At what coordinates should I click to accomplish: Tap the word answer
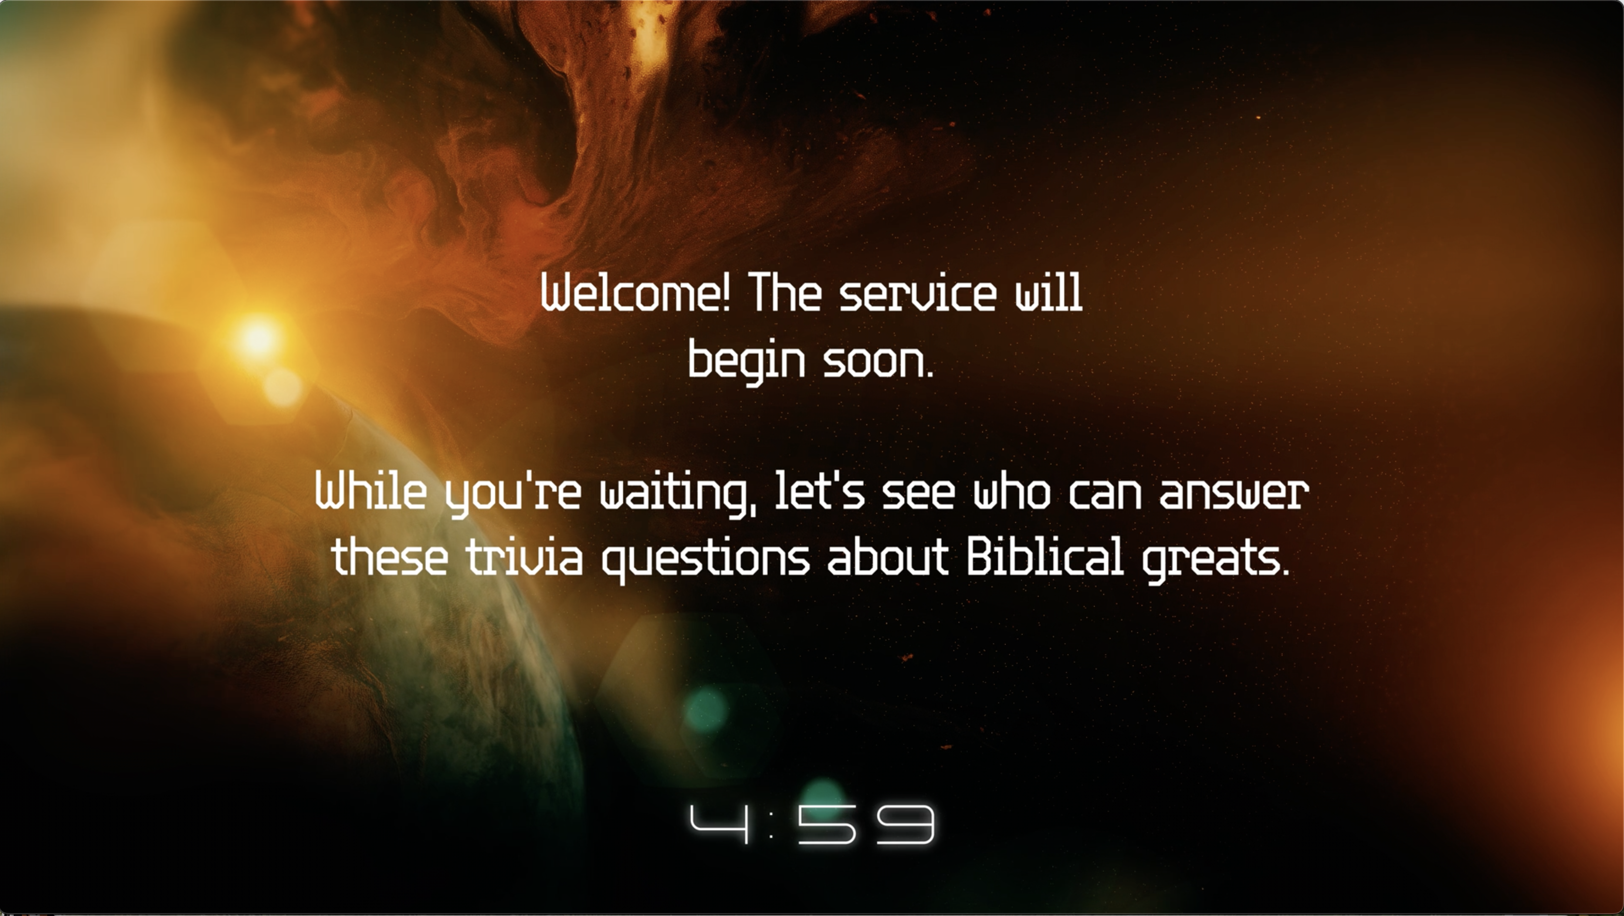click(x=1234, y=494)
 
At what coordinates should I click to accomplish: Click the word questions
click(x=706, y=560)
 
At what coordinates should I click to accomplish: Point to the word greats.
click(x=1216, y=560)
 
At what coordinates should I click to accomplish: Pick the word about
click(x=887, y=557)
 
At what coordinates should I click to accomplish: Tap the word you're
click(x=512, y=495)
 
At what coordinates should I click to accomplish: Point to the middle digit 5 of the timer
click(x=827, y=824)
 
